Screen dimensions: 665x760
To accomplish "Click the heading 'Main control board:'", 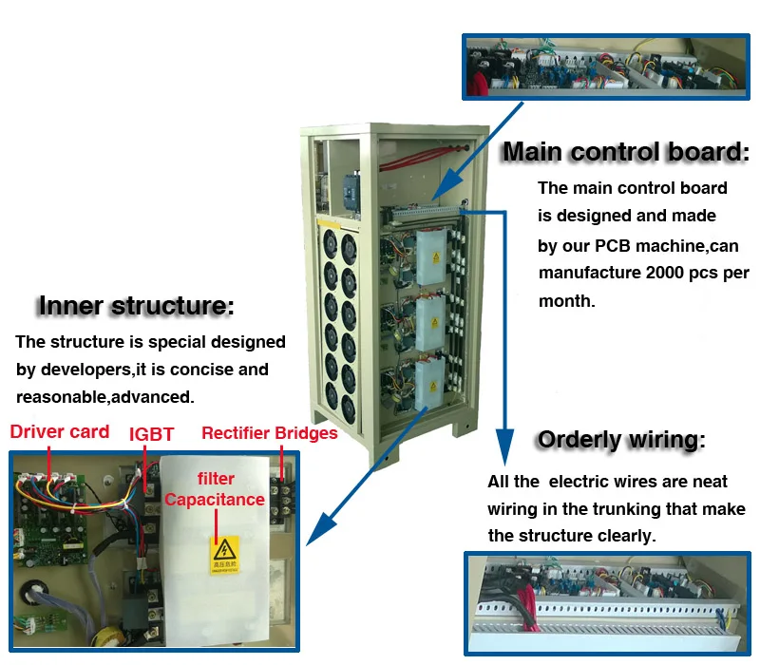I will coord(625,152).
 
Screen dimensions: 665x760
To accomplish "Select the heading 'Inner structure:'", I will coord(136,306).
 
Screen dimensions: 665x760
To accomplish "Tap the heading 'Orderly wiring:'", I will coord(621,440).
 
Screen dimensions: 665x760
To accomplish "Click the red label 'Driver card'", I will coord(60,432).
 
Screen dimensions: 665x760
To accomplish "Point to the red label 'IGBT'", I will coord(151,434).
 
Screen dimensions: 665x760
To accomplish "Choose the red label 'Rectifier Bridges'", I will coord(269,433).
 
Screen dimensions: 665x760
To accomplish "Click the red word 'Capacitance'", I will coord(215,499).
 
